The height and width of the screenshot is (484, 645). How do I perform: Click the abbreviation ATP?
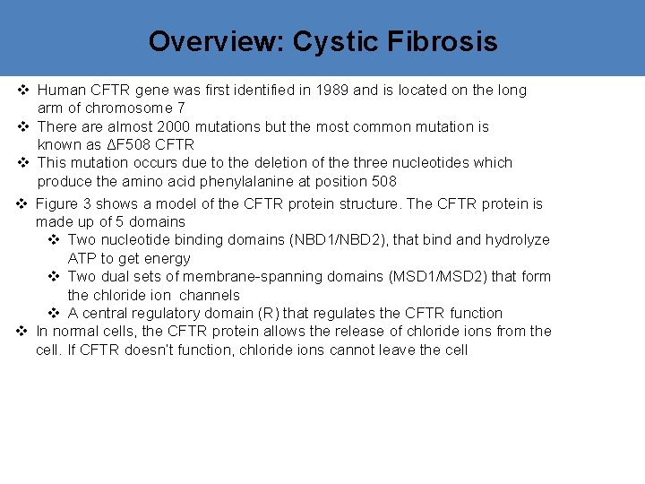tap(82, 258)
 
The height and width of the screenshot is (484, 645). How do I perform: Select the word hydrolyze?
tap(518, 239)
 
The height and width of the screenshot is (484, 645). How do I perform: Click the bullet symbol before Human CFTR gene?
tap(24, 90)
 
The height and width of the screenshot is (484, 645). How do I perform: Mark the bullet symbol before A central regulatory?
tap(55, 313)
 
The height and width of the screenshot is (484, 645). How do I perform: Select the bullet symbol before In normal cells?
tap(23, 331)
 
